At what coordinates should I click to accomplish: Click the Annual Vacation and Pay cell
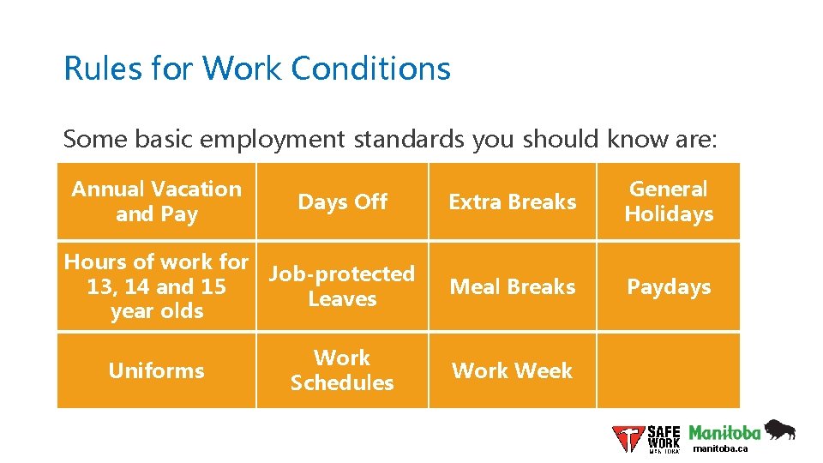156,201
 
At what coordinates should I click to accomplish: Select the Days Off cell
342,201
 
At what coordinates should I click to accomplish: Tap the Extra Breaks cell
512,201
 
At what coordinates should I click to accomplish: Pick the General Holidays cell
669,201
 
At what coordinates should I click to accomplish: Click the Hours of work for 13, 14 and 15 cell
156,286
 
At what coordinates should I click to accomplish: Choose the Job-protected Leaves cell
342,286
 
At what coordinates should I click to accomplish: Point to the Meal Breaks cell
512,286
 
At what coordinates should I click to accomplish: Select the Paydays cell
669,286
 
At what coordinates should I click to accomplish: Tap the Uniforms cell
156,370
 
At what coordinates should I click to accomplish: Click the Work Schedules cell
342,370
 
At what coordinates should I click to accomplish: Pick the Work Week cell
512,370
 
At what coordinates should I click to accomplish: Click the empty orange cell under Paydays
669,370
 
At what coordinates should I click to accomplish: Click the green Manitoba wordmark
724,431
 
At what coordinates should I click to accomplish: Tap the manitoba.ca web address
720,448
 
